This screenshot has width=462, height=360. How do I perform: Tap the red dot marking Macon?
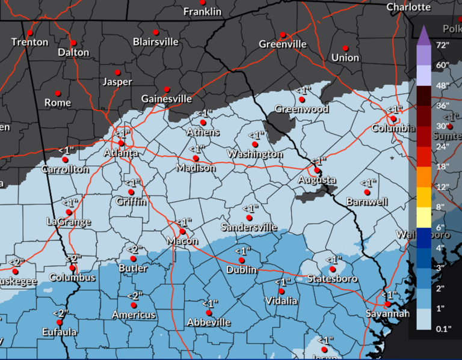(183, 231)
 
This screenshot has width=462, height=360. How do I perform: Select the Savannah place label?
(388, 314)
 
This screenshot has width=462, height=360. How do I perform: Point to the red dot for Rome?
(58, 93)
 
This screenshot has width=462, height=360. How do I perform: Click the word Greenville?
(282, 44)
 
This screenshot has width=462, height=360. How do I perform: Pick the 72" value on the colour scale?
(443, 45)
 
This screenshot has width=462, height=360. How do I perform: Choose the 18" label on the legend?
(443, 166)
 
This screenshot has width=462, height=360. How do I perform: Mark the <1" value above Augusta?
(318, 161)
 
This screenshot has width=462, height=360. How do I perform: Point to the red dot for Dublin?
(241, 260)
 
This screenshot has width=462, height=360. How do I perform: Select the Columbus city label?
(72, 278)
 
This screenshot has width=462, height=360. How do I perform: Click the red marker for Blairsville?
(156, 32)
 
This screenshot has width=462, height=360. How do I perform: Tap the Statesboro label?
(333, 279)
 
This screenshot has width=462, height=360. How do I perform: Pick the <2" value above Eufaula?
(58, 313)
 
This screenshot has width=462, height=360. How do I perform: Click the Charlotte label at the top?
(408, 7)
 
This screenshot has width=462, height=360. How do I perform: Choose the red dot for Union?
(345, 48)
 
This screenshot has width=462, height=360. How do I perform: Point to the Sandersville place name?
(249, 227)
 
